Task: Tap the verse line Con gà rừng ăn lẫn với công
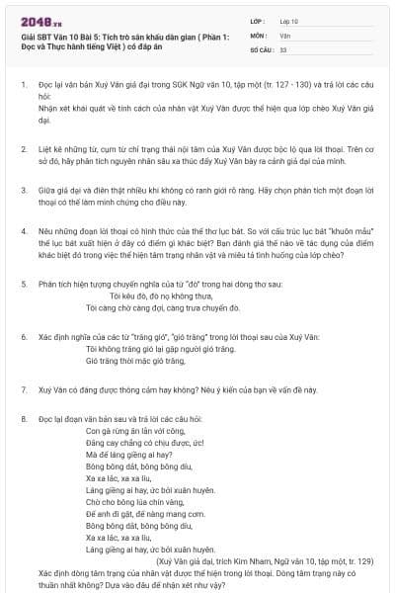(129, 432)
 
